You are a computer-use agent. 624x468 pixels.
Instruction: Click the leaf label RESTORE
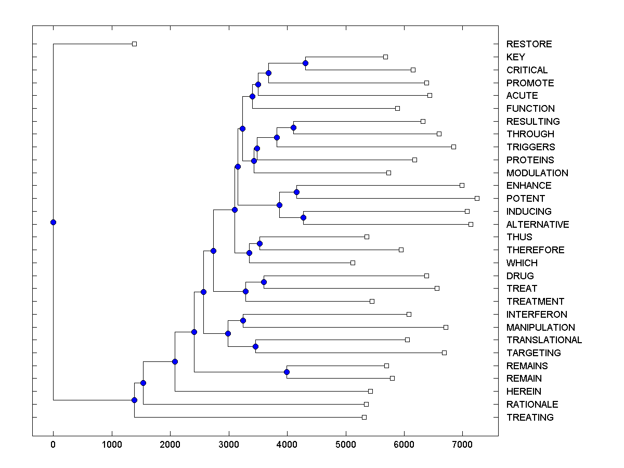pos(529,44)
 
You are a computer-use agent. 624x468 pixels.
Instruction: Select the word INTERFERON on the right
pos(537,314)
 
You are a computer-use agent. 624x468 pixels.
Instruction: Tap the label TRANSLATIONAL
pos(544,340)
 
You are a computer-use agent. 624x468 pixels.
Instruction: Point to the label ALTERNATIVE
pos(538,225)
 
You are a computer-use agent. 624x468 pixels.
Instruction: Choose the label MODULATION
pos(537,173)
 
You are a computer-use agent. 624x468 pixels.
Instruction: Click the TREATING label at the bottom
pos(530,418)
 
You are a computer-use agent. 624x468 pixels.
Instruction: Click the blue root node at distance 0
pos(53,222)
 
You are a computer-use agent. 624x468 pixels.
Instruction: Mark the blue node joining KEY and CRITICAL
pos(306,63)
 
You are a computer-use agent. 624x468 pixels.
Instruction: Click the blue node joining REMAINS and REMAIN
pos(287,372)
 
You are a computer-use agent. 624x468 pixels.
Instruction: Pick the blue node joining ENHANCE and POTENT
pos(296,192)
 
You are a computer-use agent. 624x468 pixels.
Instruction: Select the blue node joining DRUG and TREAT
pos(264,282)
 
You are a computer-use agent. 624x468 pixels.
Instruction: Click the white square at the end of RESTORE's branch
pos(134,44)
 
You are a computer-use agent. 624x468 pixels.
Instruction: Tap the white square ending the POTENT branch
pos(477,198)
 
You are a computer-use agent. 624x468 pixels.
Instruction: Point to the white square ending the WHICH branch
pos(353,263)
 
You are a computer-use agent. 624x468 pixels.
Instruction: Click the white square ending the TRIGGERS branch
pos(453,147)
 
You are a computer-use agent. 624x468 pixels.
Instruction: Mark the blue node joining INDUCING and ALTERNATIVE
pos(303,217)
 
